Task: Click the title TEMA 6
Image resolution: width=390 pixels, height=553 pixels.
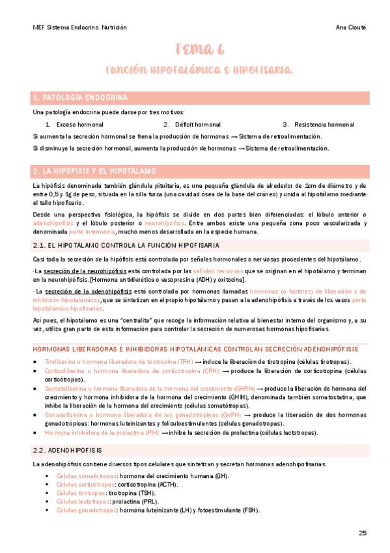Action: [x=200, y=50]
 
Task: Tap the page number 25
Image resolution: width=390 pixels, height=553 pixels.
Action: [x=363, y=533]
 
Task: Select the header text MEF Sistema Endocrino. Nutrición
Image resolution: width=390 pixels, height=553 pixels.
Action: [x=79, y=27]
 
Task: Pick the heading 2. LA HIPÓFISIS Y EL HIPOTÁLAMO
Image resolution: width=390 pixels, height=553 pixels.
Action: [x=94, y=172]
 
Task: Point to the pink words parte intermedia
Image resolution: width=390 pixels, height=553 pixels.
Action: [x=92, y=232]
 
